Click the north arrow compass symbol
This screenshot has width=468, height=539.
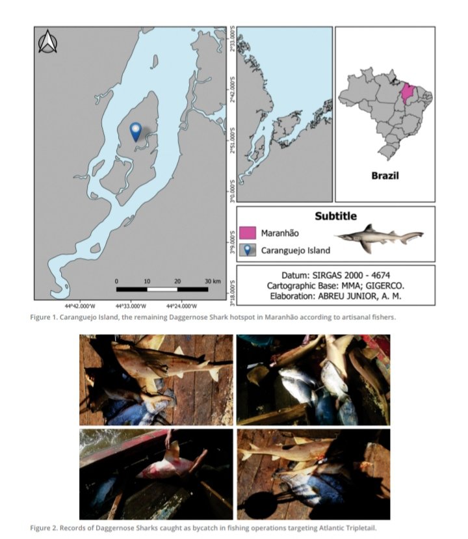(x=48, y=42)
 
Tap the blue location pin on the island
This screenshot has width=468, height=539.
(x=135, y=131)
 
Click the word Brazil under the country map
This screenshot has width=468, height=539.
(x=385, y=176)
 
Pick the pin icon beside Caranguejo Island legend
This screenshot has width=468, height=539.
(x=246, y=250)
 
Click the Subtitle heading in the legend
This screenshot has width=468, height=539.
(x=335, y=216)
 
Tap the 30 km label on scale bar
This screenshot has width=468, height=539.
(x=213, y=280)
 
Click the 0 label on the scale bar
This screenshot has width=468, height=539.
(x=116, y=280)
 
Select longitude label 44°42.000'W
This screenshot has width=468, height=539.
(x=79, y=304)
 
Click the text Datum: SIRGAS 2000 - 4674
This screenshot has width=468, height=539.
(x=335, y=276)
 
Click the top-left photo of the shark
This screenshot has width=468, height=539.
(x=155, y=379)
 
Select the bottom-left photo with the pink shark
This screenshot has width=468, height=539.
(x=155, y=473)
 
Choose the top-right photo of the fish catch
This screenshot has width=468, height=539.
(x=313, y=379)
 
